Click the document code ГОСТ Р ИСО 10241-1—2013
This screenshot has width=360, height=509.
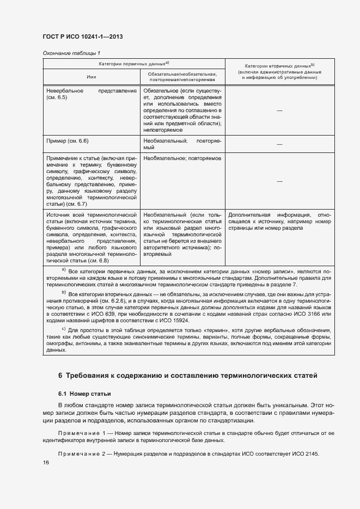point(82,36)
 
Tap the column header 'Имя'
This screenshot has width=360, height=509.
point(91,77)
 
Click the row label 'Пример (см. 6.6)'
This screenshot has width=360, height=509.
point(68,141)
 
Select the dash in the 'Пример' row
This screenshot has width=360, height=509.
point(279,144)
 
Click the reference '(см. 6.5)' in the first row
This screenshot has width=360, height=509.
point(57,97)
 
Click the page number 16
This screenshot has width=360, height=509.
point(46,463)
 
